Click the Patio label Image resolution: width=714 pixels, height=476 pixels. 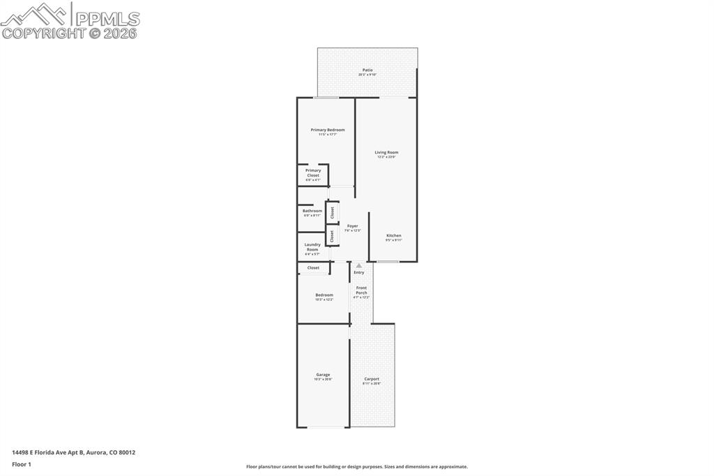click(x=367, y=70)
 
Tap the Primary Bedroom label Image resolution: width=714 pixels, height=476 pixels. click(x=327, y=131)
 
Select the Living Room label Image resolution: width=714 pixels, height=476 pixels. click(x=386, y=153)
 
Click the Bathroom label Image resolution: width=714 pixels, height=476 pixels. click(x=312, y=211)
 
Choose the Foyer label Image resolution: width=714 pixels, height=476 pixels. click(x=352, y=227)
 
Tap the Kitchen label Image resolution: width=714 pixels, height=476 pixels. click(x=394, y=237)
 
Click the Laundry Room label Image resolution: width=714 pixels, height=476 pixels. click(x=312, y=248)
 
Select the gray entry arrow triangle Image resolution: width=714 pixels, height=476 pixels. click(x=358, y=265)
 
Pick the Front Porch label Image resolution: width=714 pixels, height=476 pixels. click(x=361, y=290)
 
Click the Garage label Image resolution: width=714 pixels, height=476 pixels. click(x=323, y=375)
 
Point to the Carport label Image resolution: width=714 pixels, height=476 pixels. click(x=372, y=380)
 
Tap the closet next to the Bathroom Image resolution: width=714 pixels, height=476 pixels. click(x=333, y=211)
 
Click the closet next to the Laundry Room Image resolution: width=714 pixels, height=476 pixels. click(x=333, y=236)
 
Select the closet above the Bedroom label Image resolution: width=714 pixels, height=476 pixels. click(x=314, y=268)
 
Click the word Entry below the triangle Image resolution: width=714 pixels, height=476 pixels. click(x=358, y=272)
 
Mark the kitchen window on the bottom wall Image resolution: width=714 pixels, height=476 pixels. click(x=388, y=262)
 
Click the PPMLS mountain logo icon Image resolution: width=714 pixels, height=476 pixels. click(x=35, y=14)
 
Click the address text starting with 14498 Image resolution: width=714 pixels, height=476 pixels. click(x=73, y=452)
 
